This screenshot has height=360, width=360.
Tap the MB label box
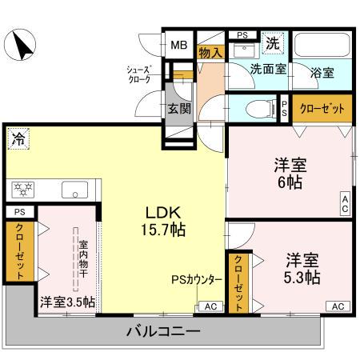(x=178, y=45)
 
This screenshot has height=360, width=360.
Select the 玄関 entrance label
(x=178, y=108)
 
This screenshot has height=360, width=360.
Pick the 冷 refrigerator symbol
(x=18, y=138)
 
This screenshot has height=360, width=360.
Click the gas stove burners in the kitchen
(x=22, y=190)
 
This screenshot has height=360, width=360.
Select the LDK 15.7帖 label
(x=166, y=221)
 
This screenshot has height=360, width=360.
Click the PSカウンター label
(x=196, y=280)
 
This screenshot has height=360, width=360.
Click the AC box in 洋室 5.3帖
(x=338, y=306)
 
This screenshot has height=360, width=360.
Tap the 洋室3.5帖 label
(x=67, y=302)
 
